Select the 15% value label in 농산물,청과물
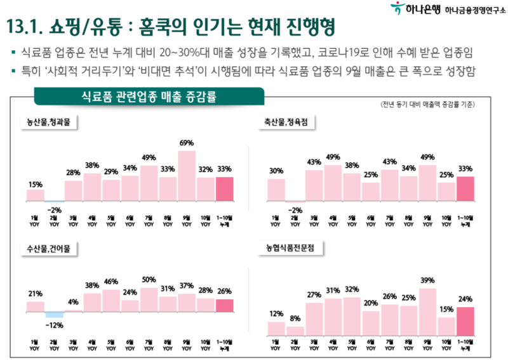[x=35, y=184]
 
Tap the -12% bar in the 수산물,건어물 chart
[x=55, y=314]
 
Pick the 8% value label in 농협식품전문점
[x=295, y=319]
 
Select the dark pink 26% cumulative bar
[x=225, y=305]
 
